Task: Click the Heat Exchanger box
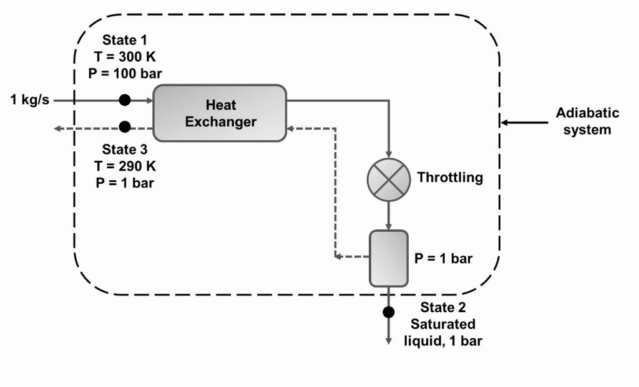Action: (x=220, y=113)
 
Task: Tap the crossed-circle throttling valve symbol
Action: (x=388, y=179)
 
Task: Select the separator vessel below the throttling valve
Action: (x=388, y=258)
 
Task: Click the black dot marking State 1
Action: (x=125, y=100)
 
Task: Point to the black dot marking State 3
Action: (x=125, y=127)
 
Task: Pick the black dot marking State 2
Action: (x=389, y=312)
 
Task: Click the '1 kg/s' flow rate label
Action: (x=30, y=100)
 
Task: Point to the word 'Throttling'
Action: (x=450, y=178)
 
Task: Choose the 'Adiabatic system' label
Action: (x=587, y=122)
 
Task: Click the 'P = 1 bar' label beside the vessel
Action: (x=444, y=259)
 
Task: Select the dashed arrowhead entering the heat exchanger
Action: (x=291, y=128)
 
